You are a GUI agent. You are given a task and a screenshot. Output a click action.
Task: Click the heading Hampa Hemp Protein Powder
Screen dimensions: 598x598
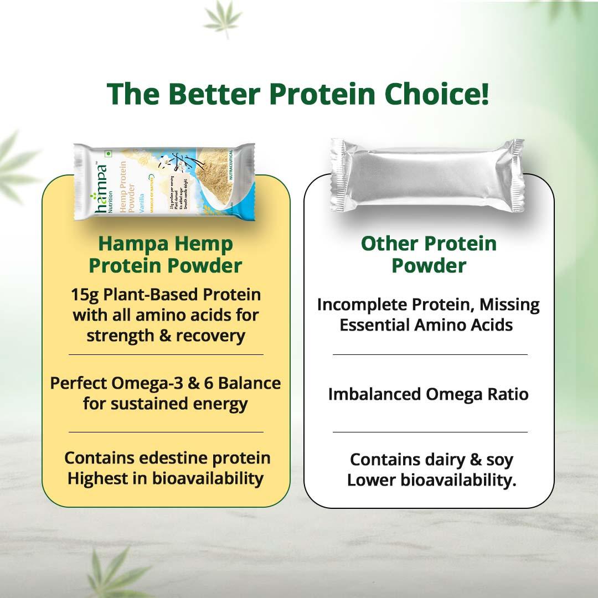click(166, 255)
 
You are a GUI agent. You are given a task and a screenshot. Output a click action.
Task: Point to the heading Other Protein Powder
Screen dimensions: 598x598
click(429, 255)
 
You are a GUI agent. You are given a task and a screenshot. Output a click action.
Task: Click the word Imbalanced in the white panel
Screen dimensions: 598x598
click(374, 394)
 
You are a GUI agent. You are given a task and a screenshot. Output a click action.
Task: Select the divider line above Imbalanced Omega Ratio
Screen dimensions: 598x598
click(430, 354)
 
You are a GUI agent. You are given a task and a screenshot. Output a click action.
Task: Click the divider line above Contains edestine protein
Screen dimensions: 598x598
click(166, 432)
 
